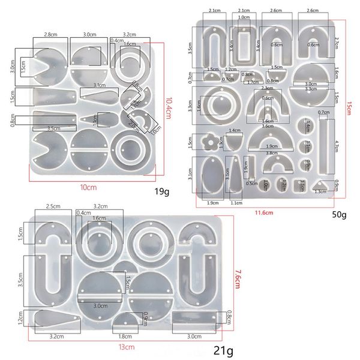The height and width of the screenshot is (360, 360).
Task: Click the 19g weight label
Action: [161, 192]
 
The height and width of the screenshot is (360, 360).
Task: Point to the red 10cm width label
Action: [88, 187]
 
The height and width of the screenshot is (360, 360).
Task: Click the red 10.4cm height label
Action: [169, 109]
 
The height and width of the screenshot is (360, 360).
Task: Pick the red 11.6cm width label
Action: [264, 212]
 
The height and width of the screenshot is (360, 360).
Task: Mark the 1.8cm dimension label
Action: [125, 336]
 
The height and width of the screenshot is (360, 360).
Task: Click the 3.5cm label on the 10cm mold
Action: [53, 128]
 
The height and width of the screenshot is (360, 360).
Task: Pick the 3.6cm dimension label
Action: [267, 127]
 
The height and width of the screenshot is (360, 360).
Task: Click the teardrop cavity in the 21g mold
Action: [54, 319]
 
